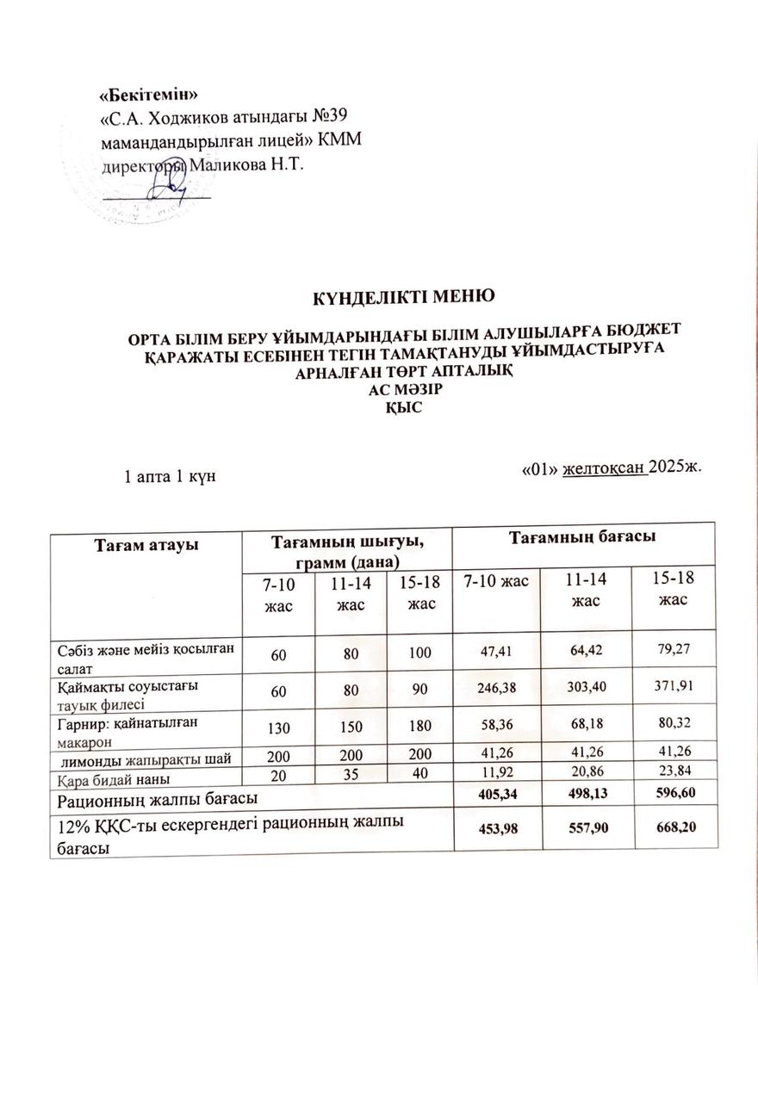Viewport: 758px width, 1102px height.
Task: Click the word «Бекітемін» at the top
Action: (151, 94)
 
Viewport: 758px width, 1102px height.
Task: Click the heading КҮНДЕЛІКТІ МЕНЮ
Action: (401, 297)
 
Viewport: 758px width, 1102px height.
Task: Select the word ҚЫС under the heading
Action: (402, 408)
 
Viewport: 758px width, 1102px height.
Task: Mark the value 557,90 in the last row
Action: (586, 828)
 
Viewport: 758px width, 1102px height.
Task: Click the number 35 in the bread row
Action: (350, 777)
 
